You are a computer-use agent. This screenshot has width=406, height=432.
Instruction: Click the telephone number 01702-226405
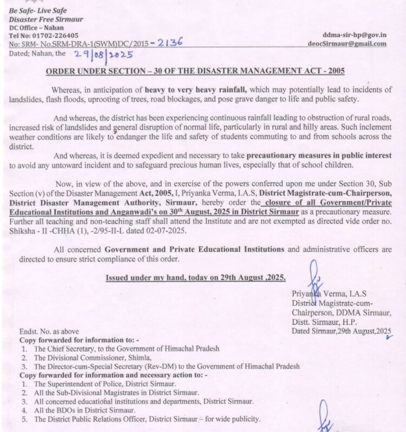pos(55,35)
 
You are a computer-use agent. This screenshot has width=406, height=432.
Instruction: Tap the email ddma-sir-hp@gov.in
pos(355,35)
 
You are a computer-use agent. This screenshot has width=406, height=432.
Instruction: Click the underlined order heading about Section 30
pos(195,71)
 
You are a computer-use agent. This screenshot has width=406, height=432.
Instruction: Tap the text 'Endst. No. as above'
pos(49,331)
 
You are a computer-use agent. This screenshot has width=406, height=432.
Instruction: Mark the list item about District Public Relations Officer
pos(147,419)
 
